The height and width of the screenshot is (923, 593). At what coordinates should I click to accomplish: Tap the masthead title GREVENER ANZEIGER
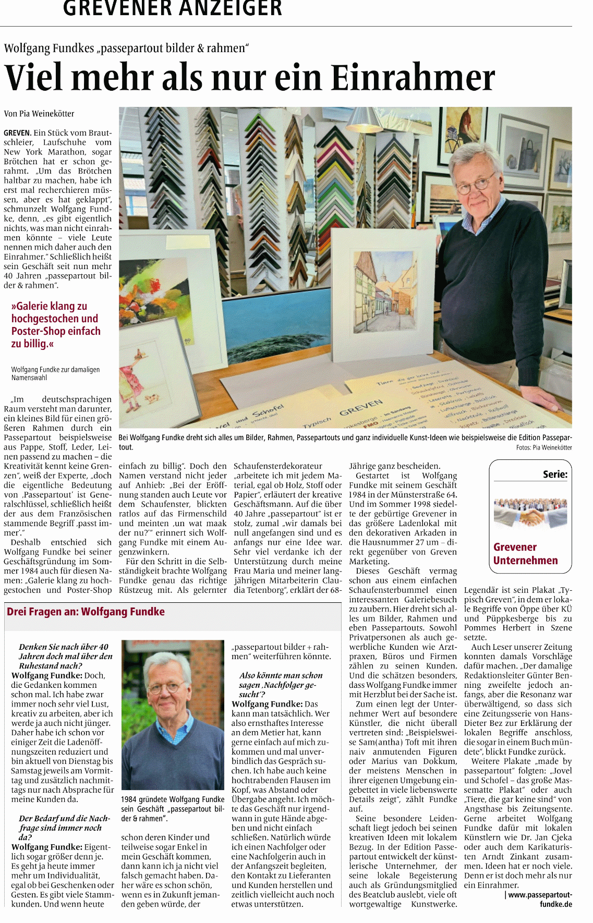(173, 8)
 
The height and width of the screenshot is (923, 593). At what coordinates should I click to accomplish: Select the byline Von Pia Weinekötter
(39, 114)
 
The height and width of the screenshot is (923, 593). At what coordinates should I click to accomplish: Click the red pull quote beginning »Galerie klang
(56, 325)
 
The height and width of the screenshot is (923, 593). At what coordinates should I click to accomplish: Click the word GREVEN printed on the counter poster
(361, 406)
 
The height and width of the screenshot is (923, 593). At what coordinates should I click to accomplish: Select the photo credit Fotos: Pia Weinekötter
(544, 447)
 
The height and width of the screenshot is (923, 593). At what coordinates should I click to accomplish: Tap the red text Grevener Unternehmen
(525, 554)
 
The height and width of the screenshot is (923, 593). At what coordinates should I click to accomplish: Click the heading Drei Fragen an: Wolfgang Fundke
(86, 612)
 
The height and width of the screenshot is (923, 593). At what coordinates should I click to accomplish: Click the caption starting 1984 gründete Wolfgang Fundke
(173, 809)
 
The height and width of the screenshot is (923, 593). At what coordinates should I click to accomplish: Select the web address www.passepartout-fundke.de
(540, 900)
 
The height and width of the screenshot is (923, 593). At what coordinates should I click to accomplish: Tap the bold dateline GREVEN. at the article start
(18, 133)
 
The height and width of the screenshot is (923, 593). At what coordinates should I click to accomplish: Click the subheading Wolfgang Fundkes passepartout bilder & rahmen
(126, 48)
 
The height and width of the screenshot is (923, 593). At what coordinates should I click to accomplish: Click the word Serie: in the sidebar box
(555, 474)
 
